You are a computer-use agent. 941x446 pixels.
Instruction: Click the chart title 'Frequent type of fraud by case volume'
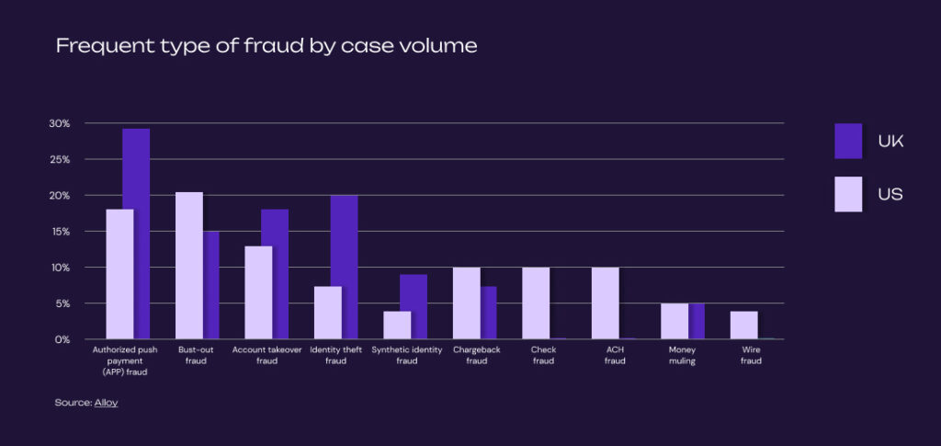266,46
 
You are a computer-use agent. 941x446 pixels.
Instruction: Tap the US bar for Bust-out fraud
188,266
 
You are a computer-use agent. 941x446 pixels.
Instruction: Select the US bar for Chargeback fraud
466,303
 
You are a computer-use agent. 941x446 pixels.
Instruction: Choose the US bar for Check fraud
536,303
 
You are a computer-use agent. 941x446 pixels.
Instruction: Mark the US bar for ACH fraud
605,303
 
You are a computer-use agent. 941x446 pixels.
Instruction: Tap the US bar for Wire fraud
743,326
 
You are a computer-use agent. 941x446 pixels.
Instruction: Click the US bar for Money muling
674,321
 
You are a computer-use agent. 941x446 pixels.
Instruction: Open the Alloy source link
106,403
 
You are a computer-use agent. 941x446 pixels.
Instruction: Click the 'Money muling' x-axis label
682,356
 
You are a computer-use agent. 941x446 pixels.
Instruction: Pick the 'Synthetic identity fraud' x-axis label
406,356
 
